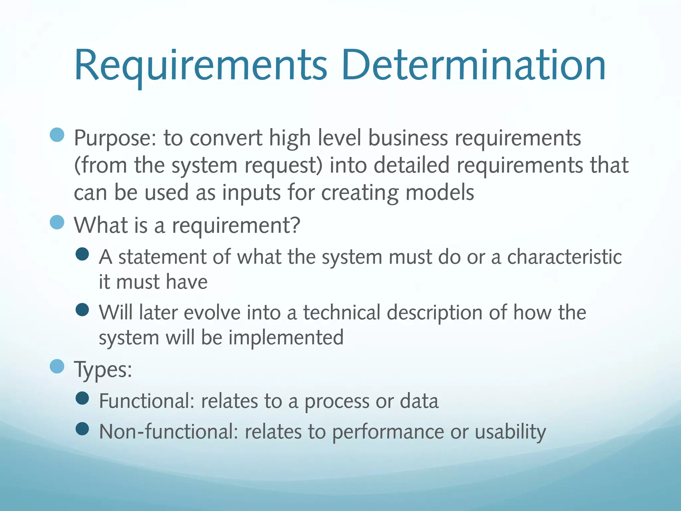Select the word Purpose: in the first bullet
pyautogui.click(x=115, y=138)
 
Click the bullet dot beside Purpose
pyautogui.click(x=57, y=135)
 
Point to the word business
pyautogui.click(x=408, y=138)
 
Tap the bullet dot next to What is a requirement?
pyautogui.click(x=57, y=222)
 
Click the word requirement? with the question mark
pyautogui.click(x=236, y=226)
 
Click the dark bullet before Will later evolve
pyautogui.click(x=82, y=310)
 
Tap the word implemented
pyautogui.click(x=286, y=338)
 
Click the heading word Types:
pyautogui.click(x=103, y=369)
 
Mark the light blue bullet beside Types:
pyautogui.click(x=57, y=366)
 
